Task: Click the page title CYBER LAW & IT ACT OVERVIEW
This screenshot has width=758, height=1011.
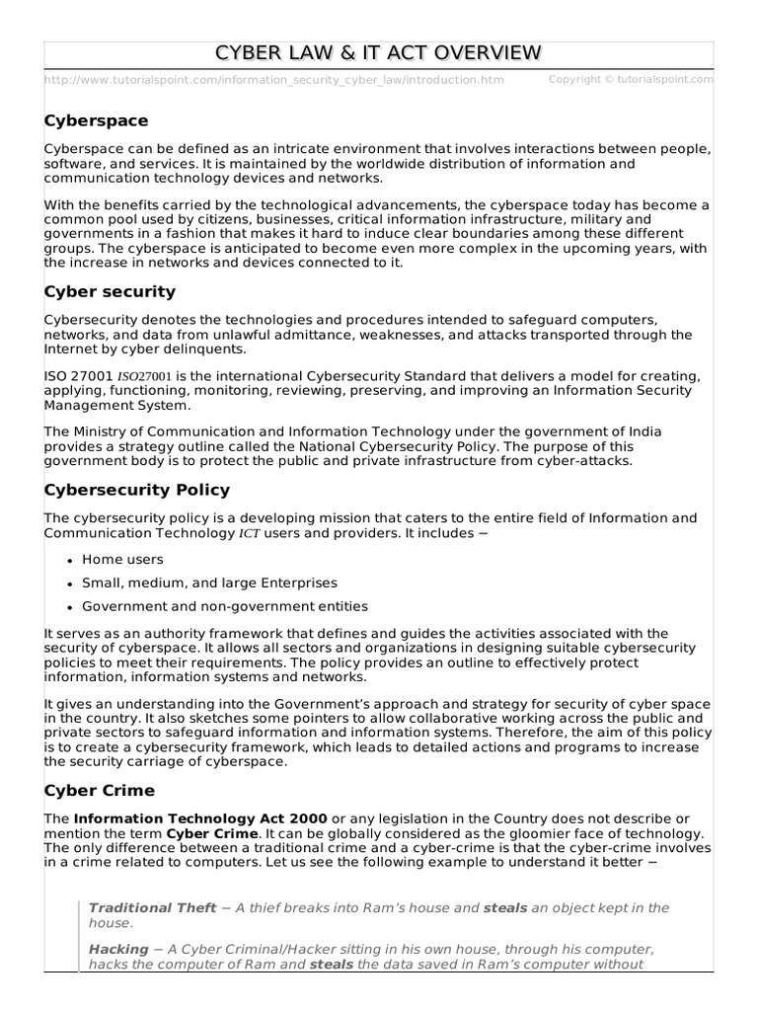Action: pyautogui.click(x=379, y=53)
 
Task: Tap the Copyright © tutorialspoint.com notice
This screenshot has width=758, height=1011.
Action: pyautogui.click(x=630, y=79)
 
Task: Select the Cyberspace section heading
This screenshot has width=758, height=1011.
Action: pyautogui.click(x=97, y=120)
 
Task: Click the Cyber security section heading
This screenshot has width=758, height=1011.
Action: pyautogui.click(x=110, y=291)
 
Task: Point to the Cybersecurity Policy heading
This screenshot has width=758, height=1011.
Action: pyautogui.click(x=137, y=490)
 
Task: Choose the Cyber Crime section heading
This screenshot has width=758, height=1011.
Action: pyautogui.click(x=100, y=791)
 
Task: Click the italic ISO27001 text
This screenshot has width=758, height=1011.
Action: pyautogui.click(x=146, y=377)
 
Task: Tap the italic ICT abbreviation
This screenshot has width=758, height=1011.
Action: pyautogui.click(x=251, y=534)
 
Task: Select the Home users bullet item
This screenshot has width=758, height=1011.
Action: pyautogui.click(x=122, y=559)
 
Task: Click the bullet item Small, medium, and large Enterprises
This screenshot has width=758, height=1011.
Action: pyautogui.click(x=209, y=583)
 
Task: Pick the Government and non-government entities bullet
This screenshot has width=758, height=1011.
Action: pyautogui.click(x=225, y=606)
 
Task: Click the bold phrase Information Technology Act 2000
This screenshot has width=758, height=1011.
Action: pyautogui.click(x=200, y=819)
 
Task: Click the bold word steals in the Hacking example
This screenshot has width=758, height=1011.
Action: pyautogui.click(x=332, y=965)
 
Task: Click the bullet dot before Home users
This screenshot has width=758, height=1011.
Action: pyautogui.click(x=69, y=560)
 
